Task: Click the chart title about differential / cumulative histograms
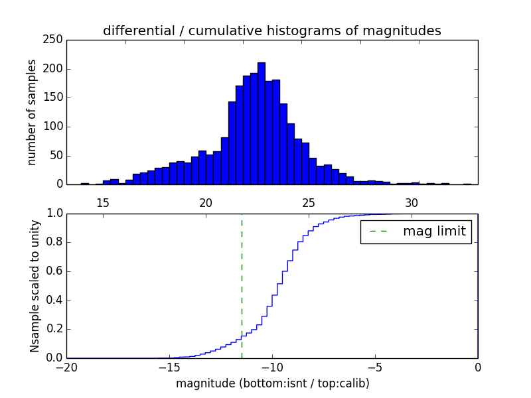click(x=271, y=31)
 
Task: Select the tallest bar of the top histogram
click(x=262, y=123)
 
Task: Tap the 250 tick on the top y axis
click(x=55, y=40)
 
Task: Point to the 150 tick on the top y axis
click(x=55, y=98)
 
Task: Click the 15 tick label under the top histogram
click(x=103, y=202)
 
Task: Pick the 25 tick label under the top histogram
click(x=309, y=202)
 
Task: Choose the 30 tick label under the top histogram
click(x=412, y=202)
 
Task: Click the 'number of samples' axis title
click(x=32, y=112)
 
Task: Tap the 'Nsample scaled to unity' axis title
click(x=35, y=286)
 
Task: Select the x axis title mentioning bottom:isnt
click(x=272, y=383)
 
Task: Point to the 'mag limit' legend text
click(x=434, y=232)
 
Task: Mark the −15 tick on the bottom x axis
click(x=169, y=367)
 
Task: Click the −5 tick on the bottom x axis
click(x=374, y=367)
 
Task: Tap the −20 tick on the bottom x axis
click(x=66, y=367)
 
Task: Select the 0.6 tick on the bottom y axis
click(x=53, y=271)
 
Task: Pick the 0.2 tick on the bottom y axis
click(x=53, y=329)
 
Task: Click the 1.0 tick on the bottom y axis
click(x=53, y=214)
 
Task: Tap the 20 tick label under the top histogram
click(x=206, y=202)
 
